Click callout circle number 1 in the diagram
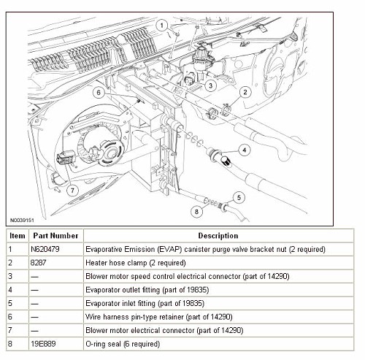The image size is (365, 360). pos(162,26)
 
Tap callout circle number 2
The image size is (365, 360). pos(245,92)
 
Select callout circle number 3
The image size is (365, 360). pos(210,85)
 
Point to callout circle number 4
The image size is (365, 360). pos(245,150)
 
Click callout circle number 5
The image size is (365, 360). pos(239,198)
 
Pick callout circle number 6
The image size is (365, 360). pos(99,93)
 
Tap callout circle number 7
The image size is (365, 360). pos(72,190)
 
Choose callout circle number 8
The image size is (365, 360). pos(196,212)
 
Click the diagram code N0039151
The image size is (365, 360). pos(22,221)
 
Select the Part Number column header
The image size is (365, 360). pos(55,236)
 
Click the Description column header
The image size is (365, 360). pos(218,236)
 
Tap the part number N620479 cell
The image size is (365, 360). pos(45,249)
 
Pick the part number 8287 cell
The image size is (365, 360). pos(38,263)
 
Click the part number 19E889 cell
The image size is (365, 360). pos(43,344)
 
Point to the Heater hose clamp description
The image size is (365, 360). pos(136,263)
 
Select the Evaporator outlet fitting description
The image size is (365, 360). pos(147,290)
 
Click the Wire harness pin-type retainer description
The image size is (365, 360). pos(159,317)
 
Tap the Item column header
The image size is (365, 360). pos(18,236)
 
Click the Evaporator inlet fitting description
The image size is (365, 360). pos(145,303)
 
